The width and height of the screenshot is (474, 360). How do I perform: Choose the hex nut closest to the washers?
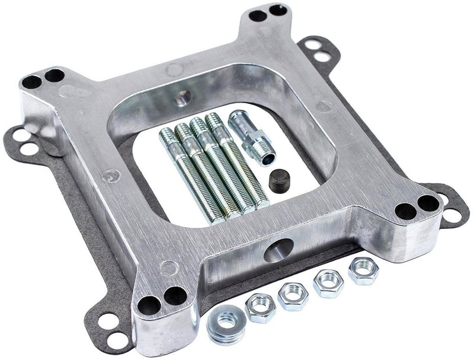(260, 307)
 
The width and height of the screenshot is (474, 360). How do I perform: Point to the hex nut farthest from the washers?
(364, 271)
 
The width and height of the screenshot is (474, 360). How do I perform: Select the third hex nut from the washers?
(328, 283)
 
